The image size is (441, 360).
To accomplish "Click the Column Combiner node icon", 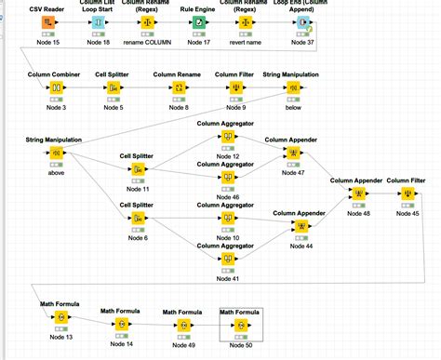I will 55,88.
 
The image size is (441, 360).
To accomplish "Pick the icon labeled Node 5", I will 114,88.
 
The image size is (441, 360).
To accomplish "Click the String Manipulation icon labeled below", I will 294,88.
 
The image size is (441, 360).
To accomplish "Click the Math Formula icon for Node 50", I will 240,326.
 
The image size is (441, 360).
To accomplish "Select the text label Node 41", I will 228,278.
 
